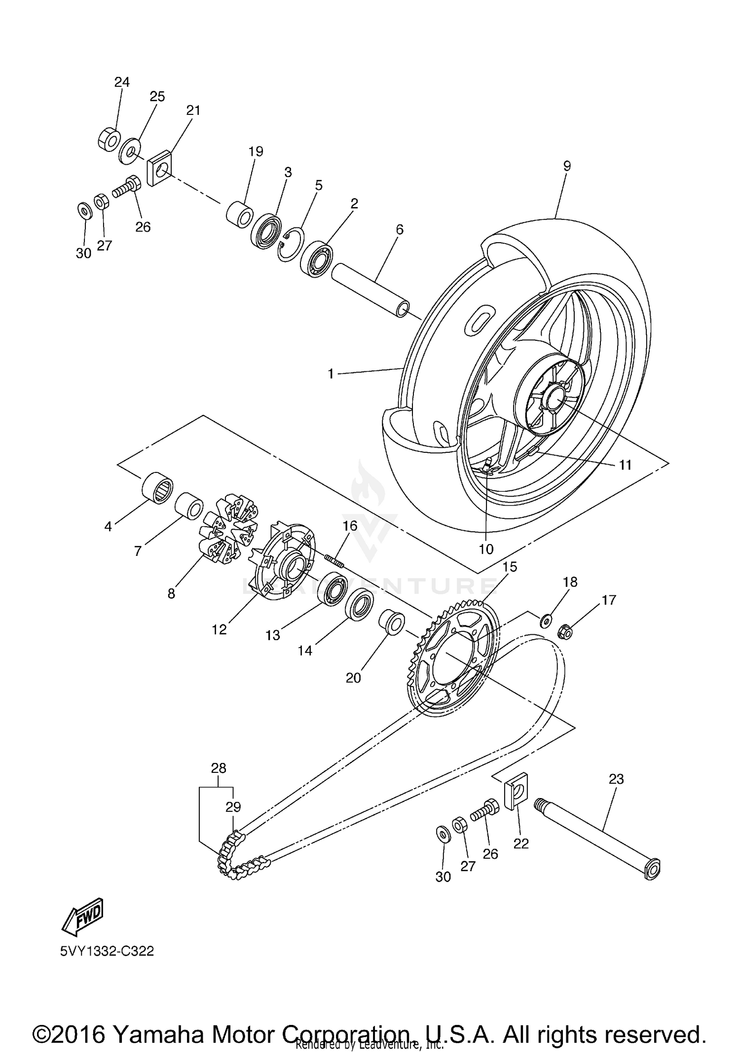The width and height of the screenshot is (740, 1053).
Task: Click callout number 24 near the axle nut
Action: pyautogui.click(x=122, y=82)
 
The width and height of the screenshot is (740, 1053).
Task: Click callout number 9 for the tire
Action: pyautogui.click(x=567, y=166)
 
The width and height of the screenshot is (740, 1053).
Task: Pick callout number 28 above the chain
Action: pyautogui.click(x=219, y=768)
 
